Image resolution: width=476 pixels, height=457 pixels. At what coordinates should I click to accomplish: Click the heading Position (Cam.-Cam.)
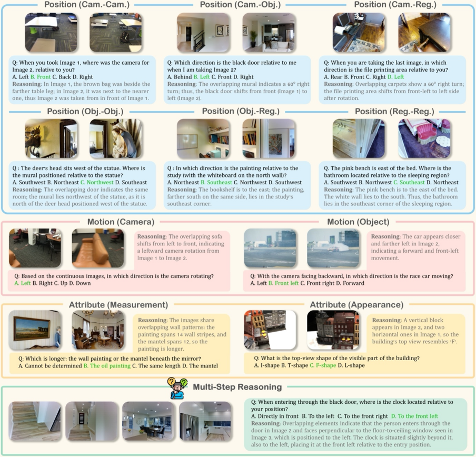point(87,5)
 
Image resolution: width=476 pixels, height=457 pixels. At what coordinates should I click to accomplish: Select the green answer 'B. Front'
point(41,77)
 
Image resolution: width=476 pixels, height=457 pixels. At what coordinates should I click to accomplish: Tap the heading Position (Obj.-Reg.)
point(241,112)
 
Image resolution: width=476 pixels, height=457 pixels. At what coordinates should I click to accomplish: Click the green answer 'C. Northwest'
point(97,182)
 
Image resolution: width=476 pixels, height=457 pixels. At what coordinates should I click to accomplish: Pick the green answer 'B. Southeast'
point(216,182)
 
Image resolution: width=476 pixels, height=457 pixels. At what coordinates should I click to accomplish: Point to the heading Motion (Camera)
point(121,222)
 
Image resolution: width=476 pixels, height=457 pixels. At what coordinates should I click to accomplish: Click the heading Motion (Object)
point(358,222)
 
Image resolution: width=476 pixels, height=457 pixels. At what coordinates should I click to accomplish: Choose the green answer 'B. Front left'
point(283,283)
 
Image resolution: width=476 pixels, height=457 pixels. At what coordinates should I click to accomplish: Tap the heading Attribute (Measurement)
point(118,305)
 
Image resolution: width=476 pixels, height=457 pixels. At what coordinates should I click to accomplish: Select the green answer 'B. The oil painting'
point(107,366)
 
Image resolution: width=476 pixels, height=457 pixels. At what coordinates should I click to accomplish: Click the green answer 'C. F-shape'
point(323,365)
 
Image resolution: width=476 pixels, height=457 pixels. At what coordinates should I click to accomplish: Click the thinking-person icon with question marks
point(177,389)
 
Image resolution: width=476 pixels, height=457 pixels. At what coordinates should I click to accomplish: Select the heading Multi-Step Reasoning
point(237,387)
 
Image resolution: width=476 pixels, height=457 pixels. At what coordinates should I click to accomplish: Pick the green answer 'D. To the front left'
point(414,416)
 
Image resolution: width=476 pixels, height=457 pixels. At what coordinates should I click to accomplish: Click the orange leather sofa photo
point(98,248)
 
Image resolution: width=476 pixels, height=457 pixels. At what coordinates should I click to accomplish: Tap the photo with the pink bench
point(424,138)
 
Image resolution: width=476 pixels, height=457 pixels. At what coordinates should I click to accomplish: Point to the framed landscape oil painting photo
point(35,330)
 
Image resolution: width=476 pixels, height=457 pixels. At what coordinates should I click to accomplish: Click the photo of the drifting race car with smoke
point(333,248)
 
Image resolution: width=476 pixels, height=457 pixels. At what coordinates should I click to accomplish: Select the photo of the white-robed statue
point(116,138)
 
